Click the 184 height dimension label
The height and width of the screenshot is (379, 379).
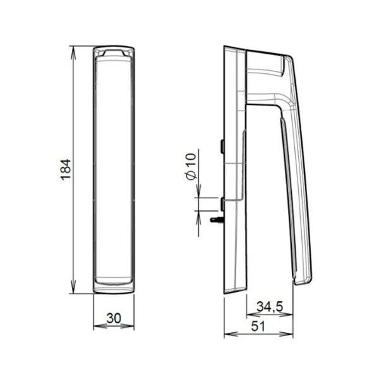click(66, 170)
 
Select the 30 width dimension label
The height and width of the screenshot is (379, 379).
click(114, 318)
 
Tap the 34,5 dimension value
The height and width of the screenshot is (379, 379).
click(270, 307)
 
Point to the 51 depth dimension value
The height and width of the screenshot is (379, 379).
click(258, 326)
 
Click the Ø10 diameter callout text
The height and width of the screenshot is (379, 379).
click(191, 167)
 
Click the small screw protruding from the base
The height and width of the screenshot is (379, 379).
click(217, 220)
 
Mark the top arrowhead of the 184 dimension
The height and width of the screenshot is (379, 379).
click(73, 52)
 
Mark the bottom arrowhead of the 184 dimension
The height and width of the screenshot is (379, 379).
click(73, 287)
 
